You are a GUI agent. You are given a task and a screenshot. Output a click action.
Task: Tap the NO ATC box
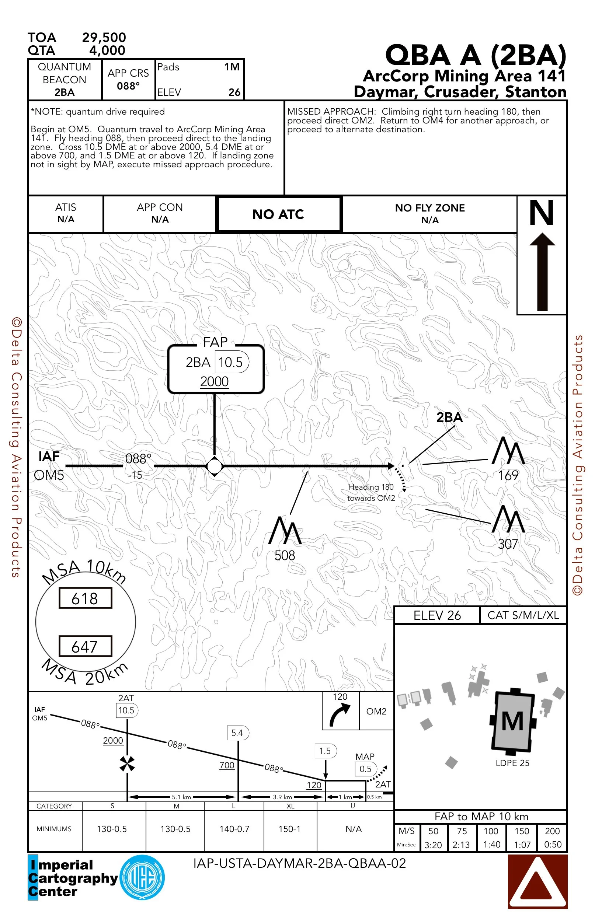pyautogui.click(x=278, y=214)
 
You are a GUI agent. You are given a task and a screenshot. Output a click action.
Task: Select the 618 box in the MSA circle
pyautogui.click(x=85, y=598)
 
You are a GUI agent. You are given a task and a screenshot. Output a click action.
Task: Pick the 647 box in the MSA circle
pyautogui.click(x=85, y=647)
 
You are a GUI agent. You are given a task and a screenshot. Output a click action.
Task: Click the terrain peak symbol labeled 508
pyautogui.click(x=285, y=531)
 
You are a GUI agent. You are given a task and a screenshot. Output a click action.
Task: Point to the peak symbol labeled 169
pyautogui.click(x=508, y=451)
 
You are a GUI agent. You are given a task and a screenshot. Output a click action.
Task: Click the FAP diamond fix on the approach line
pyautogui.click(x=214, y=467)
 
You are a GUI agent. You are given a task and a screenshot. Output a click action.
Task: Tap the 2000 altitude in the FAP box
pyautogui.click(x=214, y=382)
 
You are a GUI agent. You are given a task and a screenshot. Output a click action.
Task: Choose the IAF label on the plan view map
pyautogui.click(x=49, y=457)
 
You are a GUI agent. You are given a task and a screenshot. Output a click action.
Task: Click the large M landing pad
pyautogui.click(x=512, y=721)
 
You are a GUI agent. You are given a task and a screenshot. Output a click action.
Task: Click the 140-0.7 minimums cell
pyautogui.click(x=234, y=829)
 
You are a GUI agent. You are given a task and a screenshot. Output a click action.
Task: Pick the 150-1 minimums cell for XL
pyautogui.click(x=289, y=829)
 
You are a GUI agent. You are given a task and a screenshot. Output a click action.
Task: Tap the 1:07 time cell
pyautogui.click(x=522, y=845)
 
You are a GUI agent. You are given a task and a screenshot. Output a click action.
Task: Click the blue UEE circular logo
pyautogui.click(x=142, y=877)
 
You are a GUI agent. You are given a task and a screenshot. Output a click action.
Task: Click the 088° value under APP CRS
pyautogui.click(x=128, y=86)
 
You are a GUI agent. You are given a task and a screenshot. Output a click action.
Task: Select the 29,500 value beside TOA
pyautogui.click(x=104, y=38)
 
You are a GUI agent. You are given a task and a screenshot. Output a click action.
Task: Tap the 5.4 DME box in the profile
pyautogui.click(x=237, y=733)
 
